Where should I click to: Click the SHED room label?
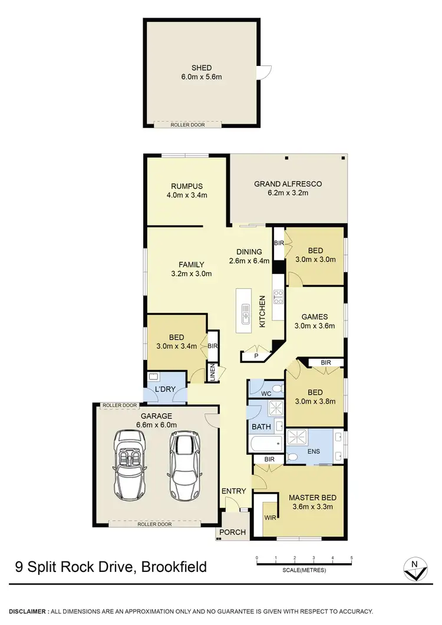200,68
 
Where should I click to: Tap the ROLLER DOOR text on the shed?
187,125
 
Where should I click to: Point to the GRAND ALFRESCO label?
288,184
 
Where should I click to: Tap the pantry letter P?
256,356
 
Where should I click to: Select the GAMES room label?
314,317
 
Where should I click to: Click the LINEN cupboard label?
215,373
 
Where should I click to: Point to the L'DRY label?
165,390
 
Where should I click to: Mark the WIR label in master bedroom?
269,517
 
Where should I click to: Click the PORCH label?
232,533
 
